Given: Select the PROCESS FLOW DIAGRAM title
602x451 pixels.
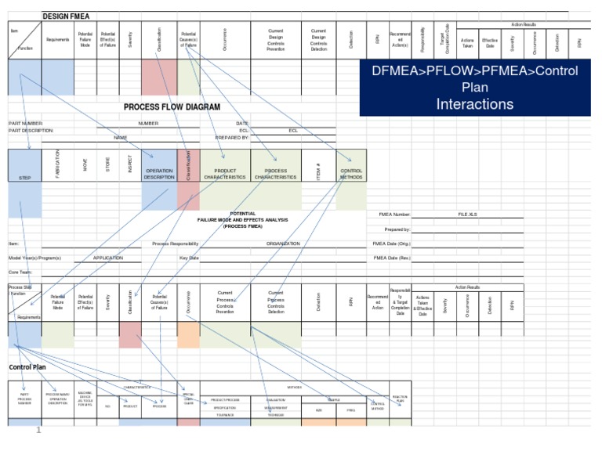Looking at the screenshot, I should click(x=172, y=106).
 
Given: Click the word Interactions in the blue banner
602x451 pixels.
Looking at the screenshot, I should click(x=475, y=103).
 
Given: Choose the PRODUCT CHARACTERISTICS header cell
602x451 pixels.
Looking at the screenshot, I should click(x=225, y=174).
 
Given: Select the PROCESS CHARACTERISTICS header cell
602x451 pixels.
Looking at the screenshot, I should click(x=276, y=174).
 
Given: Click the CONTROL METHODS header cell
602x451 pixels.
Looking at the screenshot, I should click(x=351, y=174).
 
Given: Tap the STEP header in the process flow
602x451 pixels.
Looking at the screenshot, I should click(x=25, y=178).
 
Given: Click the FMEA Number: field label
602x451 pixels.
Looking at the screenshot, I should click(x=392, y=214).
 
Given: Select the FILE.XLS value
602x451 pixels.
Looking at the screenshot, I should click(x=467, y=214).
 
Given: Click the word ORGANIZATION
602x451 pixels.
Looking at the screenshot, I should click(x=283, y=244).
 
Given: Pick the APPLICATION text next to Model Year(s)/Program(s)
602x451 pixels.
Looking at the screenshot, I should click(x=108, y=258).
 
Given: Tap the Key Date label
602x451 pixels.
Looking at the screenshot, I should click(x=189, y=258).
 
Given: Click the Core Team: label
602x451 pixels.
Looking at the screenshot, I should click(x=21, y=272).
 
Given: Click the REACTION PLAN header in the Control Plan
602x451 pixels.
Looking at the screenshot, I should click(x=399, y=399).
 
